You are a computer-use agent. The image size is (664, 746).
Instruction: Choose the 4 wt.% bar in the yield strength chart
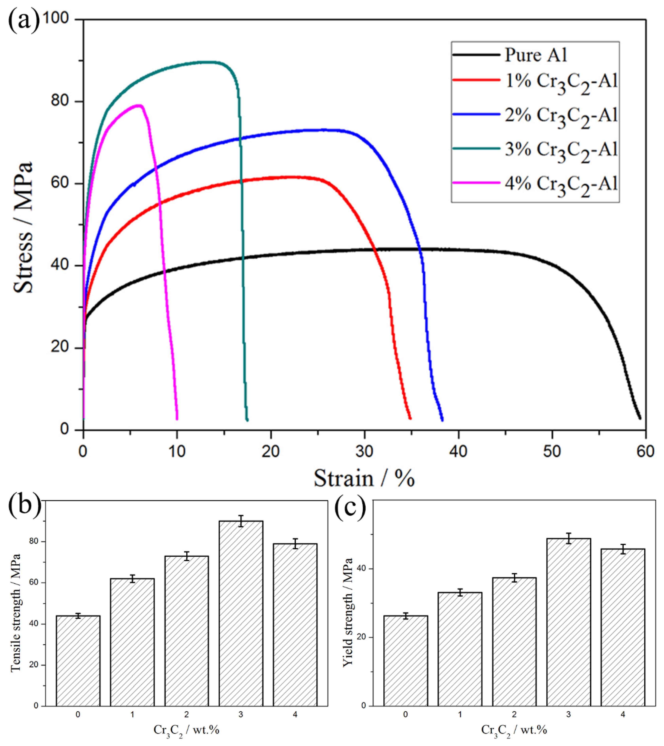pos(623,627)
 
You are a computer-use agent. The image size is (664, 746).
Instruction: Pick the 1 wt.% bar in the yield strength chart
pos(460,649)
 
